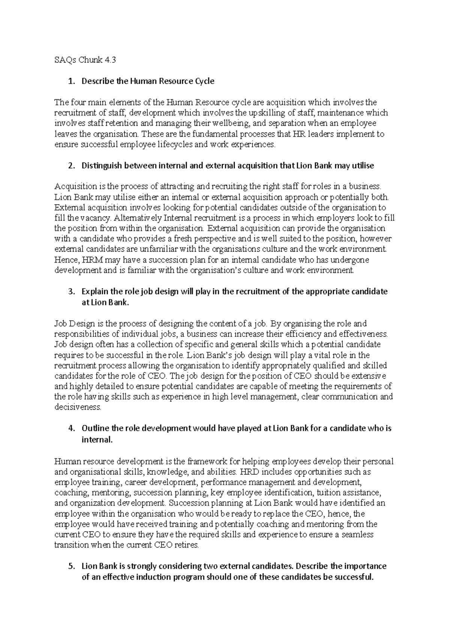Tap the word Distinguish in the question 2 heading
(x=102, y=165)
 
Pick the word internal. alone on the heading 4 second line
(x=97, y=439)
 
